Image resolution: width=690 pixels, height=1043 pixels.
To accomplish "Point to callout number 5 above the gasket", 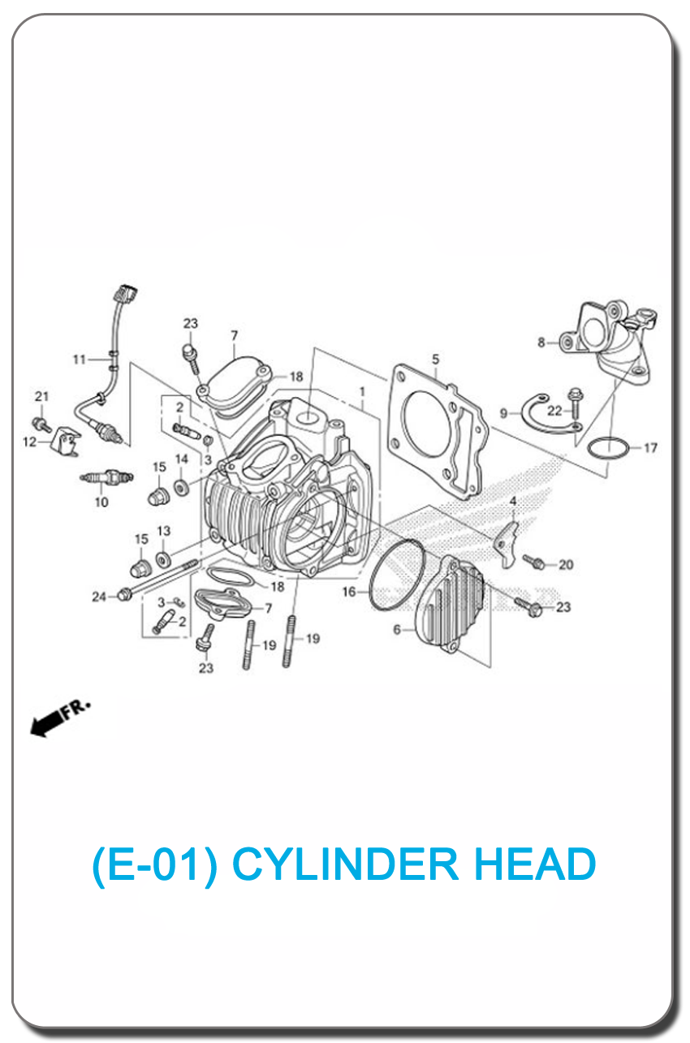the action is [435, 359].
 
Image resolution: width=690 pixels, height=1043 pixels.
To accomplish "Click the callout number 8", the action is [541, 343].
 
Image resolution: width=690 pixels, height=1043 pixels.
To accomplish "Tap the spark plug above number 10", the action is [107, 477].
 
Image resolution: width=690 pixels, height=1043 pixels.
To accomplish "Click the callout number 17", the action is [650, 448].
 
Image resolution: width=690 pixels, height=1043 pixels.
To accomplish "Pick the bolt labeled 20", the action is [533, 562].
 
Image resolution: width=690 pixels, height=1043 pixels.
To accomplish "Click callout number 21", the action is [42, 396].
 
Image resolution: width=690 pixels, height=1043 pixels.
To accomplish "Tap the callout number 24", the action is [99, 597].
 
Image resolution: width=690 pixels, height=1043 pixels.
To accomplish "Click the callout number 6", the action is [397, 630].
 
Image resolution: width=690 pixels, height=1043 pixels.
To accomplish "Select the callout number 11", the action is [80, 360].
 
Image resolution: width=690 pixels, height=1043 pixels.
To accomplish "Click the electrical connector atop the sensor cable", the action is [125, 293].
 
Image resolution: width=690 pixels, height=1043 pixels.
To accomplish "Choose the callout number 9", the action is [503, 413].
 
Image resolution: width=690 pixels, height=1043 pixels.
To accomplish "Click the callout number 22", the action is [554, 411].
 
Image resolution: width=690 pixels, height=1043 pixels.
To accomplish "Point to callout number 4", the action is [513, 501].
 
